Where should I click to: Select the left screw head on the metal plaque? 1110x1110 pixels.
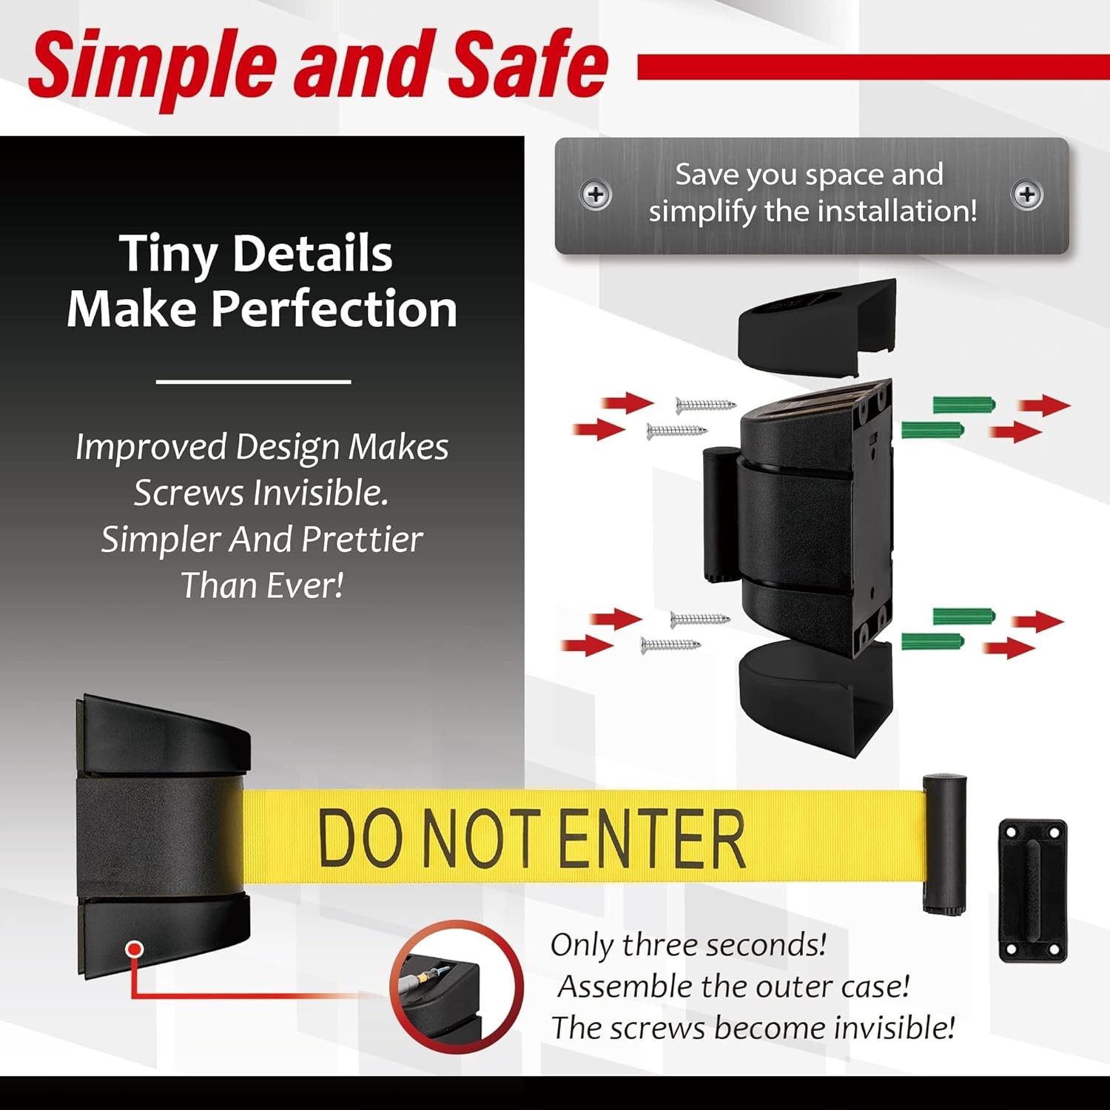[x=596, y=195]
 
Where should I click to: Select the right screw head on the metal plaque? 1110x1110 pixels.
[x=1027, y=195]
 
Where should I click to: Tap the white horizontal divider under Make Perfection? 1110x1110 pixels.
[x=254, y=382]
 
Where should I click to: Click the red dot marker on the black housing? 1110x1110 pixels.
[x=134, y=949]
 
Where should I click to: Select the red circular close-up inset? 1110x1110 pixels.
[x=457, y=987]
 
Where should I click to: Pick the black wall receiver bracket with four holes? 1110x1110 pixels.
[x=1033, y=891]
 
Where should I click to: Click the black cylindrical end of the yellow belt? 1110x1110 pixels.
[x=945, y=844]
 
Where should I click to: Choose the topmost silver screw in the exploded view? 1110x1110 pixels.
[x=706, y=405]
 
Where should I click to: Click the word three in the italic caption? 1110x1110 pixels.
[x=659, y=945]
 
